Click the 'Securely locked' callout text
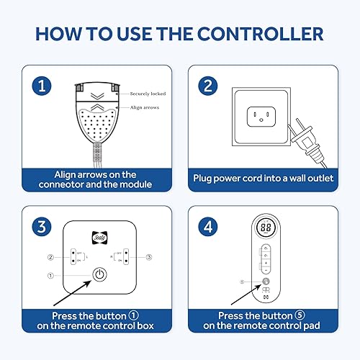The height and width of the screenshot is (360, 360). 149,94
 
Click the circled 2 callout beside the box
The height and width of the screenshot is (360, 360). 50,256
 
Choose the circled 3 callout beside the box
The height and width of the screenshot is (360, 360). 148,256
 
